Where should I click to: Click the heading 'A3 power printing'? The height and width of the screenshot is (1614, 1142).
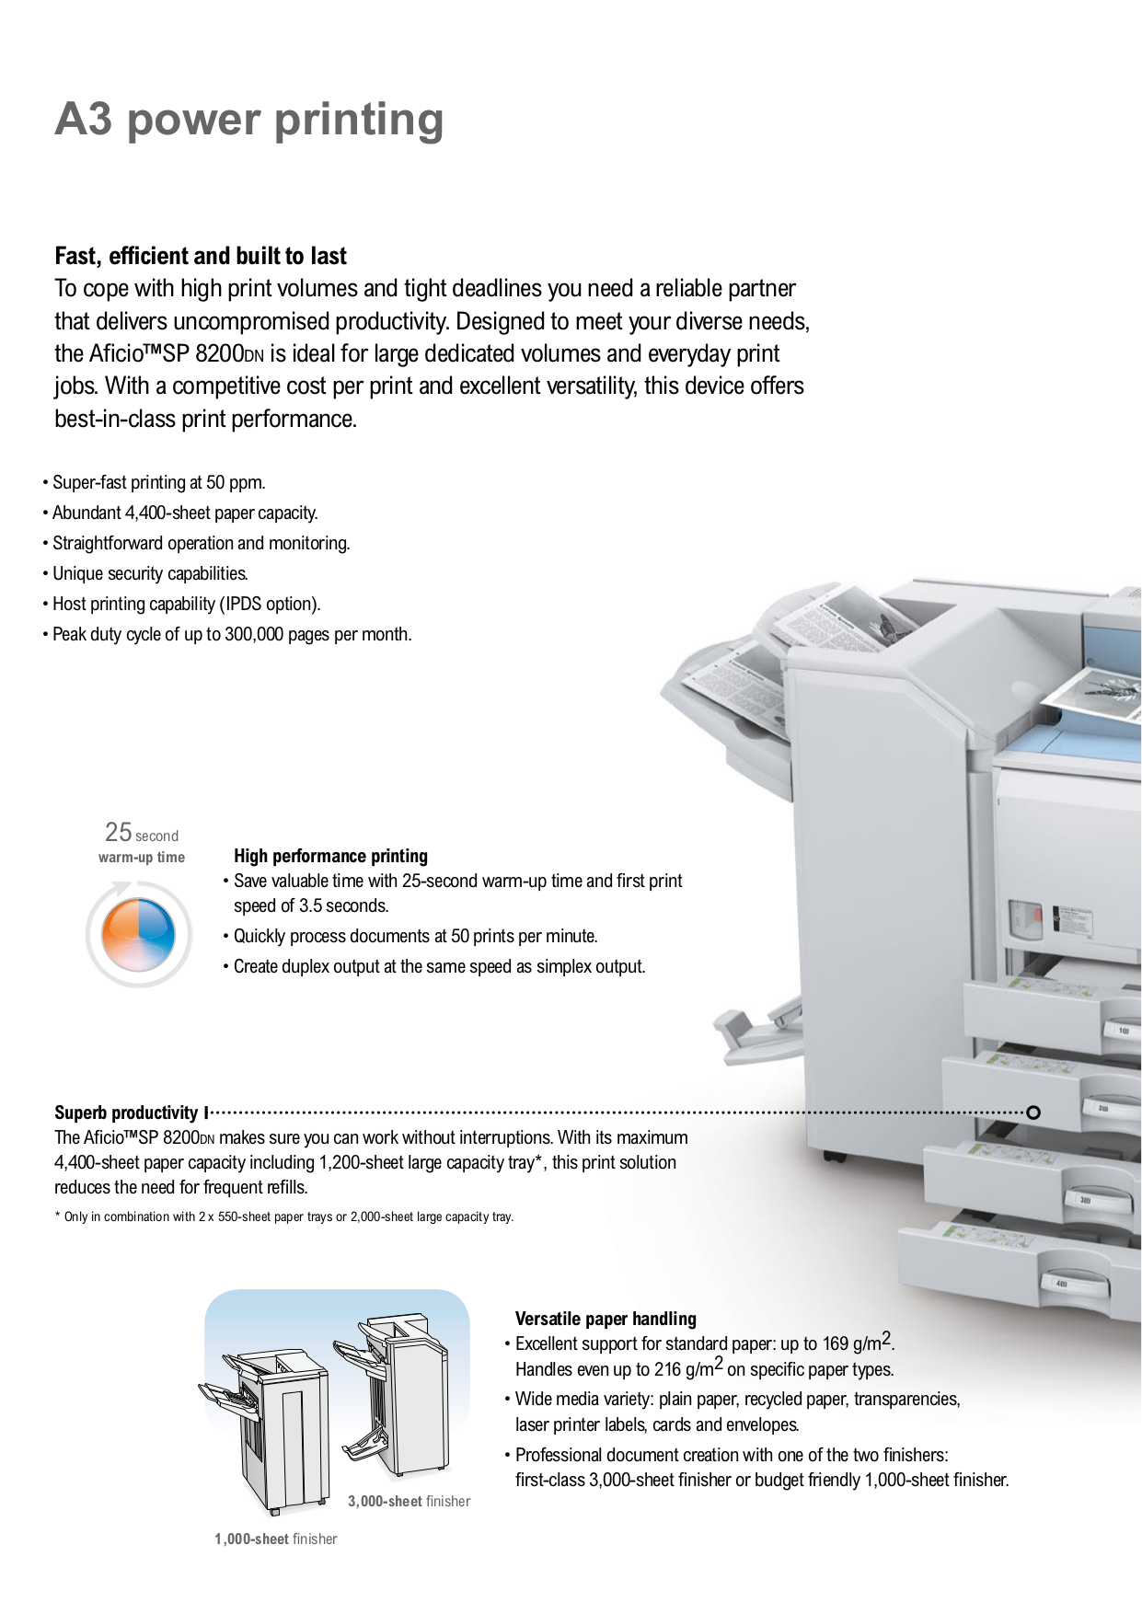[248, 120]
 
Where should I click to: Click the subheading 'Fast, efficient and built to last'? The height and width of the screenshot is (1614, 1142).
[201, 256]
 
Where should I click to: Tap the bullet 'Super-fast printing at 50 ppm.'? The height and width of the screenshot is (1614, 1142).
[158, 482]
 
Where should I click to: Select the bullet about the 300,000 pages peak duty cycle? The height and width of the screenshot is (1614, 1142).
[231, 634]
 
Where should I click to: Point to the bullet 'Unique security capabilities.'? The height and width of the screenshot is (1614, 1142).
[150, 573]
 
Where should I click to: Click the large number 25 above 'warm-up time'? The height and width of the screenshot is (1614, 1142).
[119, 832]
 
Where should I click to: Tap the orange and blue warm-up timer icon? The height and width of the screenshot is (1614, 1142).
[138, 935]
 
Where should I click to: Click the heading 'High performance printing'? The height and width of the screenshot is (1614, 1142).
[330, 856]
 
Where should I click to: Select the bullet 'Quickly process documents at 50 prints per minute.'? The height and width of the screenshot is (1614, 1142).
[415, 936]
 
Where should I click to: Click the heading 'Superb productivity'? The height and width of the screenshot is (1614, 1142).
[126, 1113]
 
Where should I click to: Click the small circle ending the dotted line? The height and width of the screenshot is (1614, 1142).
[1032, 1113]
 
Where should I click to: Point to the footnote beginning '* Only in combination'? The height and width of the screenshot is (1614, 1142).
[283, 1216]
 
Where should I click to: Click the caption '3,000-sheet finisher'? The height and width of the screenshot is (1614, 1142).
[409, 1501]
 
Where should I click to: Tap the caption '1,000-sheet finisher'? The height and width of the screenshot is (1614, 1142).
[275, 1539]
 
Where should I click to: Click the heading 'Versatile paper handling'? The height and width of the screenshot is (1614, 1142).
[606, 1319]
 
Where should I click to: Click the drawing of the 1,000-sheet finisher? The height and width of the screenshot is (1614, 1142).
[267, 1426]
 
